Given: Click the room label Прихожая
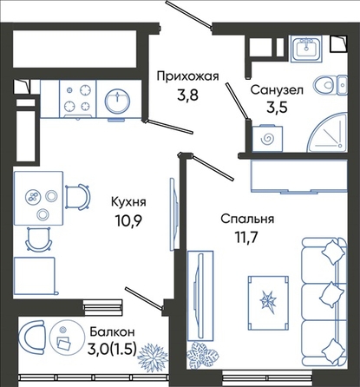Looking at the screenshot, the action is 187,77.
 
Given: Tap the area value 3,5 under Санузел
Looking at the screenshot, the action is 277,108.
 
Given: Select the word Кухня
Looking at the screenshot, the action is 128,202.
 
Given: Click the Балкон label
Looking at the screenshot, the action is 112,331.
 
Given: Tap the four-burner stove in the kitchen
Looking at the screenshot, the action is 78,99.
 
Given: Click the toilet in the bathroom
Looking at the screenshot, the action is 331,85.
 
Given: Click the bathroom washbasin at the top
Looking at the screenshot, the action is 306,48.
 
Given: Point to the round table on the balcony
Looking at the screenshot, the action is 64,335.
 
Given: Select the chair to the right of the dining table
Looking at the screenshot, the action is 77,197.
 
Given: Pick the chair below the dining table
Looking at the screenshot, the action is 39,239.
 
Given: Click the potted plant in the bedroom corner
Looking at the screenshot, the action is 201,354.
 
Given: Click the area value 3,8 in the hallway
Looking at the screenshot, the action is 188,95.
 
